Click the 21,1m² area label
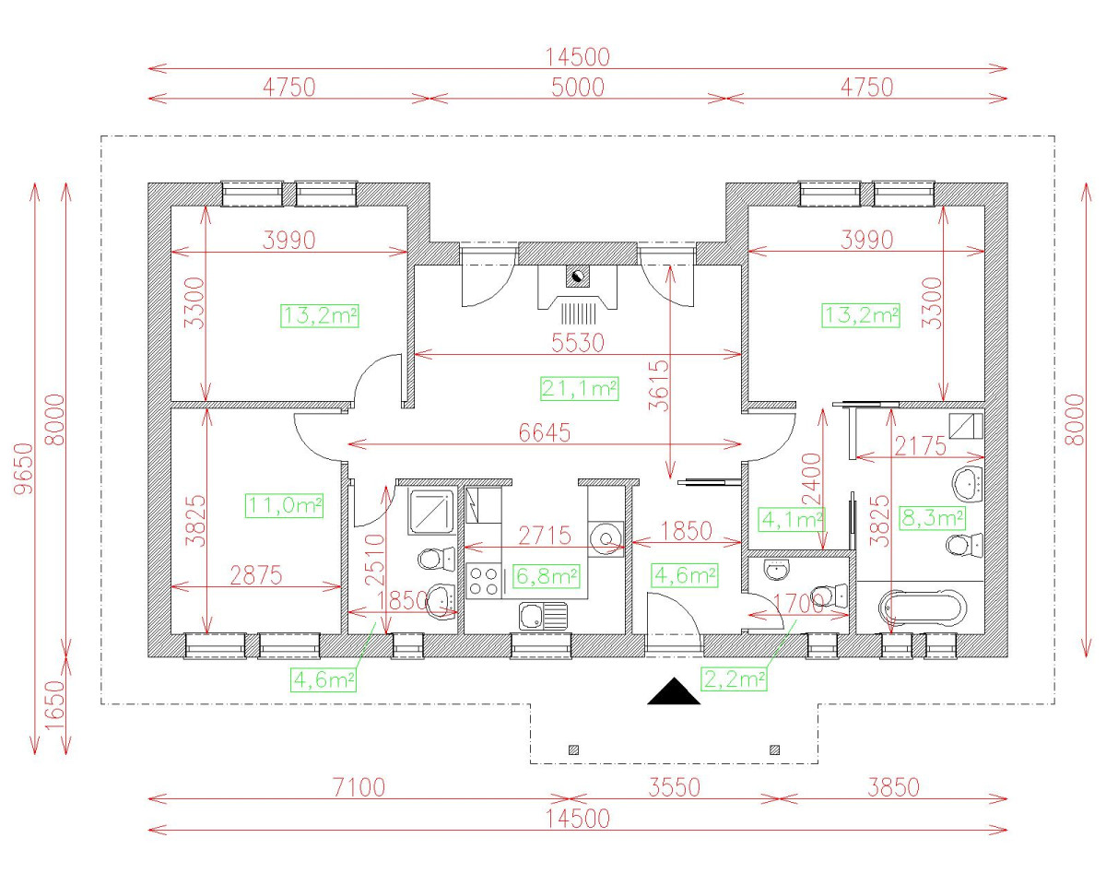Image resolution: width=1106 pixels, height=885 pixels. pos(579,389)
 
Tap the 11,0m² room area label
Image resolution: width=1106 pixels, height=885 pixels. pos(284,505)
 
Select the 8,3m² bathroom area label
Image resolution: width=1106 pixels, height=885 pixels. pos(933,518)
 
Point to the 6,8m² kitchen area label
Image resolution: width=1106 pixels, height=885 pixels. pos(547,576)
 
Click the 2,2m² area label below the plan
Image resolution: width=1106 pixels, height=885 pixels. pos(734,679)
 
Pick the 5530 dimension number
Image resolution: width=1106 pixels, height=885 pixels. pos(578,343)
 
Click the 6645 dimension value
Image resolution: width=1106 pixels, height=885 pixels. pos(545,433)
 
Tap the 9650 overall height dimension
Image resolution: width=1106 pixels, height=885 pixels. pos(24,469)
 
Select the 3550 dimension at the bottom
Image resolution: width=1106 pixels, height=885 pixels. pos(674,787)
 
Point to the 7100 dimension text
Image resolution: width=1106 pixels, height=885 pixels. pos(359,787)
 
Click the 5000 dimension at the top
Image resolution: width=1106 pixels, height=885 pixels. pos(578,88)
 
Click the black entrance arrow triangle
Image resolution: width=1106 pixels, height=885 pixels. pos(673,690)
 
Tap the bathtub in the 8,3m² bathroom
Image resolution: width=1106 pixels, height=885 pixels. pos(923,608)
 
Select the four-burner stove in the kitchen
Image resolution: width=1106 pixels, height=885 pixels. pos(484,581)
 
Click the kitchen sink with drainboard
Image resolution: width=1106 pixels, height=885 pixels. pos(543,616)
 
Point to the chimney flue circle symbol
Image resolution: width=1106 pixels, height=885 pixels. pos(578,277)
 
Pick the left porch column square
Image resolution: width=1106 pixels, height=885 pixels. pos(574,749)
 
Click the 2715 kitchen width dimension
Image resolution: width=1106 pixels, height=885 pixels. pos(545,536)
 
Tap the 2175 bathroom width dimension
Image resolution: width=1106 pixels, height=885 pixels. pos(920,446)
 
